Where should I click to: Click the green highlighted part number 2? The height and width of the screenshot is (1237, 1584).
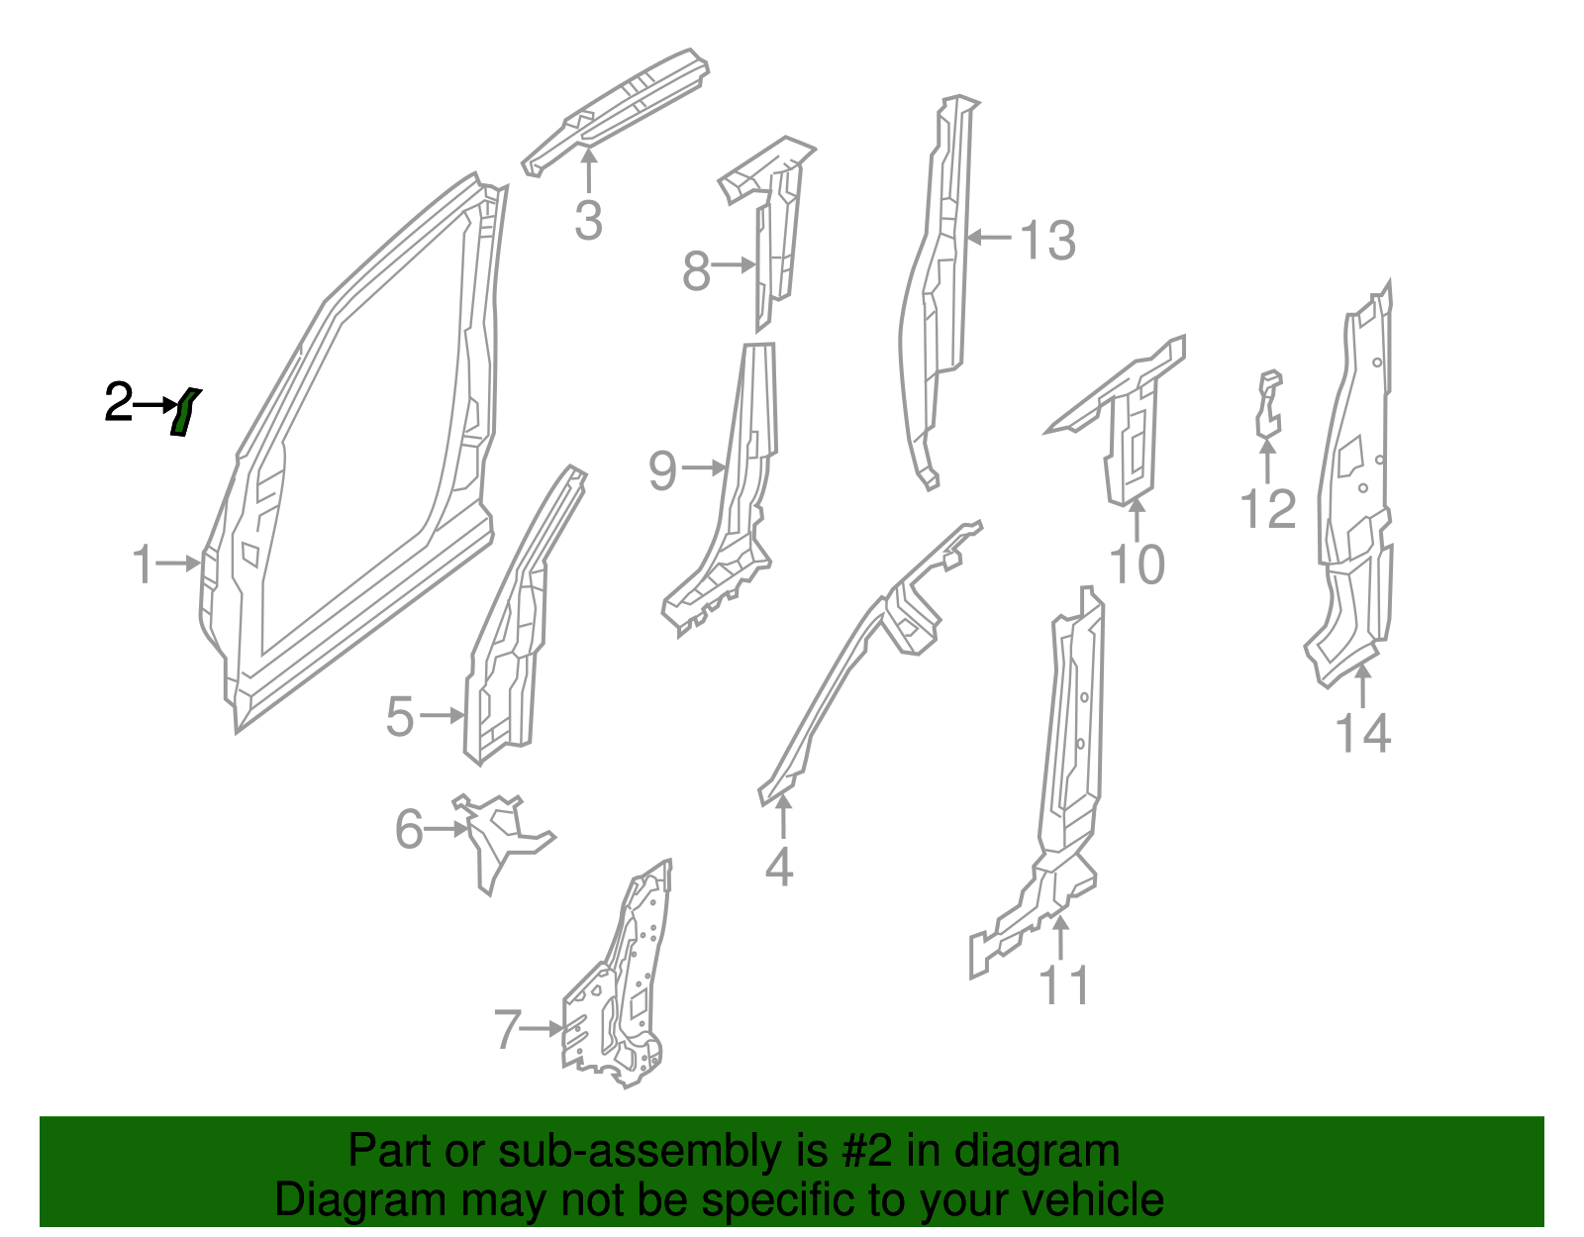tap(183, 413)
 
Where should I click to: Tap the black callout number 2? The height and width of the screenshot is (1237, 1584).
tap(118, 402)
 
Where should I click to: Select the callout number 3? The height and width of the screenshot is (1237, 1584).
tap(588, 221)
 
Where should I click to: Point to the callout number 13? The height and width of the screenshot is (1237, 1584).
tap(1047, 241)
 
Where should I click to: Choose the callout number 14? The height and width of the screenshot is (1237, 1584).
tap(1362, 734)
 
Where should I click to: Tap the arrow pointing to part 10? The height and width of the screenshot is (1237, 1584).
tap(1137, 519)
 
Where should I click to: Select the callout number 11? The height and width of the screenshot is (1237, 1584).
tap(1064, 985)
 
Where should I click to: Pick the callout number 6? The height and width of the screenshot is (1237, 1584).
tap(409, 829)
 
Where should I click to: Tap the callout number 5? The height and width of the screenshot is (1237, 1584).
tap(399, 716)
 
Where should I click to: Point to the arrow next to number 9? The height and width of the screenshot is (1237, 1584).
tap(705, 468)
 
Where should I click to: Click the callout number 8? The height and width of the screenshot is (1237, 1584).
tap(696, 270)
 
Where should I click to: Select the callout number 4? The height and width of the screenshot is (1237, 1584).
tap(779, 868)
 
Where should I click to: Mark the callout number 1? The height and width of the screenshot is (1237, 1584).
tap(144, 564)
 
